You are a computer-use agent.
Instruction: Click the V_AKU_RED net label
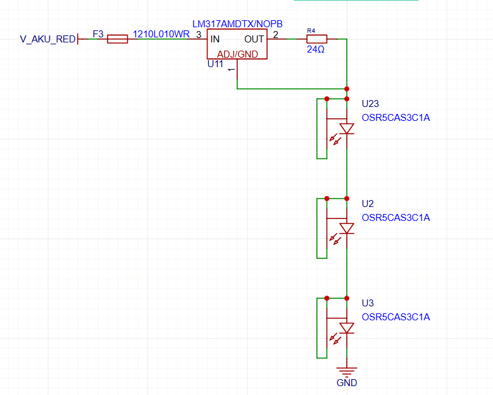(48, 39)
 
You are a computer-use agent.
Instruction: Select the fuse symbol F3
(117, 39)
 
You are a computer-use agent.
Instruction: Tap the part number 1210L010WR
(161, 34)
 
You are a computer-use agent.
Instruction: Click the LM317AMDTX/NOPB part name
(237, 24)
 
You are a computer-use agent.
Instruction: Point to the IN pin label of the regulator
(215, 39)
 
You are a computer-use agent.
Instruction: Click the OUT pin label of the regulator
(254, 39)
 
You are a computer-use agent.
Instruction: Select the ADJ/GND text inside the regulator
(237, 54)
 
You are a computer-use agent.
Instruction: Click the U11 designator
(215, 64)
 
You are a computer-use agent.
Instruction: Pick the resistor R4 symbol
(316, 39)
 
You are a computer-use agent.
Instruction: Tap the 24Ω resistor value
(316, 49)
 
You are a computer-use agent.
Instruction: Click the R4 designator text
(311, 31)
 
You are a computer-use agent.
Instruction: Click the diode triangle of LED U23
(347, 129)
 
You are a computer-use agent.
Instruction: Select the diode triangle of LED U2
(347, 229)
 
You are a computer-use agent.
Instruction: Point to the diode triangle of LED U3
(347, 328)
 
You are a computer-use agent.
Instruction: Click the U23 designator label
(370, 103)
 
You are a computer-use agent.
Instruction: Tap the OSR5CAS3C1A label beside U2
(396, 218)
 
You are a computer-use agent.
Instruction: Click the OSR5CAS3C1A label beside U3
(396, 317)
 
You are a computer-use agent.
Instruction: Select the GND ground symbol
(347, 372)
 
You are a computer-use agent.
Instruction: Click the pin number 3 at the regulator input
(199, 35)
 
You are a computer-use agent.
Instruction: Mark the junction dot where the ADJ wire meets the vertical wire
(347, 89)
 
